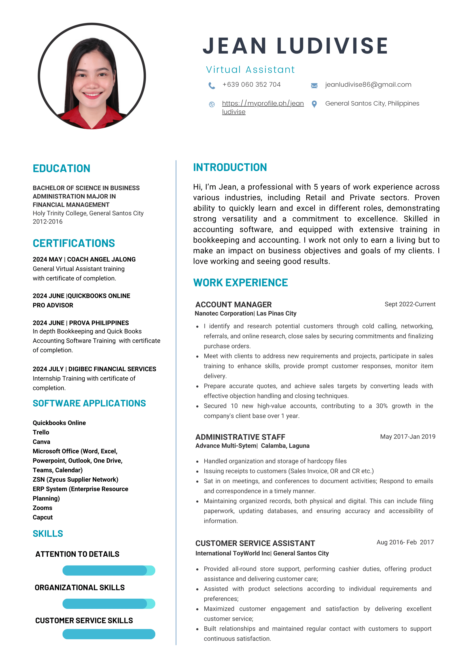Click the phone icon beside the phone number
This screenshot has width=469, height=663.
click(212, 86)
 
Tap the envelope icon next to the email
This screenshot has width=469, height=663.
click(314, 86)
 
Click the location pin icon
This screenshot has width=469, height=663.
click(314, 104)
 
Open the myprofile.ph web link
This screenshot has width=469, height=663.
click(262, 104)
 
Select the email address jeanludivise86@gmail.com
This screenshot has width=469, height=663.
click(368, 85)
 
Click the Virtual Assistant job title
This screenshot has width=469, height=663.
click(250, 70)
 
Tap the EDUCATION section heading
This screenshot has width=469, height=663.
click(61, 168)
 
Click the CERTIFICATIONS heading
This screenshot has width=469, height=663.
click(74, 243)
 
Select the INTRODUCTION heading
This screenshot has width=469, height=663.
click(230, 167)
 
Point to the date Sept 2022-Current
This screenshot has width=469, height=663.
click(410, 304)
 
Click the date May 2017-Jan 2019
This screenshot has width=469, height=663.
click(408, 436)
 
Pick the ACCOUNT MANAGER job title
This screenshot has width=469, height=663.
click(233, 304)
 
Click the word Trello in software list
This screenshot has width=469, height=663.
click(41, 432)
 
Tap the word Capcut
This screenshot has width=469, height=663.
click(43, 517)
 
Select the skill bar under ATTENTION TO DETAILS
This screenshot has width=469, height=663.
click(109, 570)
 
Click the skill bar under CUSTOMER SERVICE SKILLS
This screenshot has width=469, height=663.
click(109, 634)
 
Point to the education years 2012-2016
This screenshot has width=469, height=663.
click(48, 222)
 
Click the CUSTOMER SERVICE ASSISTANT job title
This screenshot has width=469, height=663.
click(255, 543)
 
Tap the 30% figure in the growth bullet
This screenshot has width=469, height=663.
click(381, 406)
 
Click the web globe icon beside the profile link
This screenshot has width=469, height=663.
click(212, 104)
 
